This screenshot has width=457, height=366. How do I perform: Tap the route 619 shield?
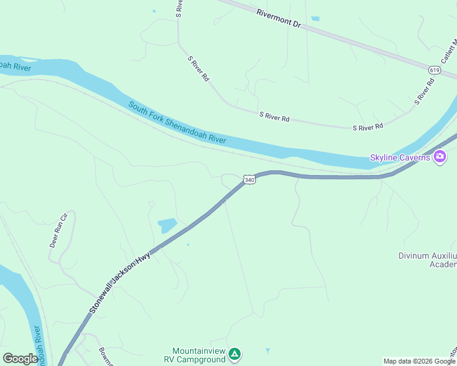(434, 70)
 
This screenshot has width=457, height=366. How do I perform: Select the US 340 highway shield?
(249, 179)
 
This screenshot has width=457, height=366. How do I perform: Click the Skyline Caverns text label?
(400, 158)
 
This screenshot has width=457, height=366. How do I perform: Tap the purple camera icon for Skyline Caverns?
(439, 157)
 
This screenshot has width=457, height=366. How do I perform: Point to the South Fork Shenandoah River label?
(177, 123)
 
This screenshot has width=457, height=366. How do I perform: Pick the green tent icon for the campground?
(235, 354)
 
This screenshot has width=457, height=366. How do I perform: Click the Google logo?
(20, 358)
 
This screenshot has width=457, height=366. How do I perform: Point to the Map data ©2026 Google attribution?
(419, 361)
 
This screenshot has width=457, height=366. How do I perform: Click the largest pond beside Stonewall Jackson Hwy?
(167, 226)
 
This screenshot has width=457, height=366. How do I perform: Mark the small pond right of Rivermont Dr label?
(315, 19)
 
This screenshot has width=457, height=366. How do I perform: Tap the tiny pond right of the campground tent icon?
(267, 351)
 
